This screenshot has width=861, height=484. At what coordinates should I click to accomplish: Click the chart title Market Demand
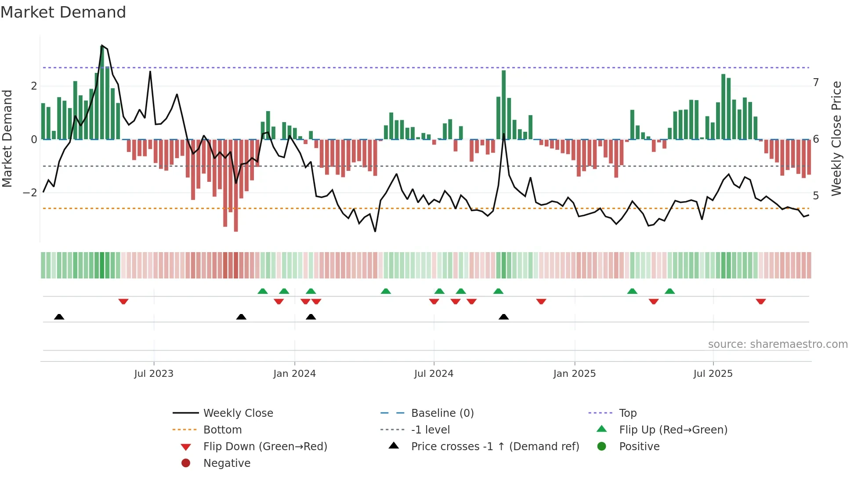point(63,12)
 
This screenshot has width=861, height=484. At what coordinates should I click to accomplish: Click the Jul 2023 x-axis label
point(154,374)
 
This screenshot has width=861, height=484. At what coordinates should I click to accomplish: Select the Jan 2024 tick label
point(294,374)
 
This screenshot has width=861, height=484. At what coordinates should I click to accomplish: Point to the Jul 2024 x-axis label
point(434,374)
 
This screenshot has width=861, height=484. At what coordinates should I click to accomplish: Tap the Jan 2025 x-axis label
point(574,374)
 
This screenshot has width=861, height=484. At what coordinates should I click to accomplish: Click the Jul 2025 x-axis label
point(713,374)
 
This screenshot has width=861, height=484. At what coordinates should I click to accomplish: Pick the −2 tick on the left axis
point(30,193)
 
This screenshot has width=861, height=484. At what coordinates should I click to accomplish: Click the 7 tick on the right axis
point(816,83)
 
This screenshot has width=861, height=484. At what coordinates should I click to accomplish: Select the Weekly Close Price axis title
point(836,138)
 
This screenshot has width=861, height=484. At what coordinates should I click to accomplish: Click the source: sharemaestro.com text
point(778,344)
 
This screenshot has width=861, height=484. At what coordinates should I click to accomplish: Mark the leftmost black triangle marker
point(59,317)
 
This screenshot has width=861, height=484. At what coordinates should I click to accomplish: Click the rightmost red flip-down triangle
point(761,301)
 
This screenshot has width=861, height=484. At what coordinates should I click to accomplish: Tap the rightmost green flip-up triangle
point(669,291)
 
